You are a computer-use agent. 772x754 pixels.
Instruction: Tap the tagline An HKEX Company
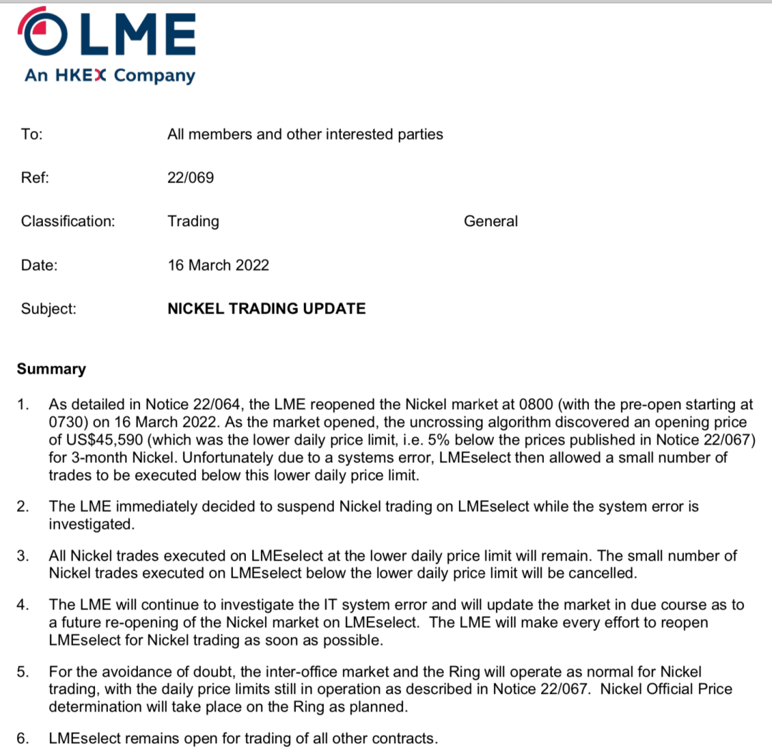pyautogui.click(x=109, y=75)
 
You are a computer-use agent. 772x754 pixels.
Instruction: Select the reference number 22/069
pyautogui.click(x=190, y=177)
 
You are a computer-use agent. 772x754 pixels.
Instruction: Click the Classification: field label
pyautogui.click(x=68, y=221)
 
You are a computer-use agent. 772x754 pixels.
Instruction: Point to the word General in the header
pyautogui.click(x=490, y=221)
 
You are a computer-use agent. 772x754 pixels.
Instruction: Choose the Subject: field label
pyautogui.click(x=49, y=309)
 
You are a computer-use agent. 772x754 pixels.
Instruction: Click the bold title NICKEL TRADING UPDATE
pyautogui.click(x=266, y=309)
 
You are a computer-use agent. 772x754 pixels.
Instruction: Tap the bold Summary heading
pyautogui.click(x=51, y=369)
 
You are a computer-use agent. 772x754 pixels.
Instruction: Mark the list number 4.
pyautogui.click(x=22, y=605)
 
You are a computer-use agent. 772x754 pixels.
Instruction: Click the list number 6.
pyautogui.click(x=22, y=738)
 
